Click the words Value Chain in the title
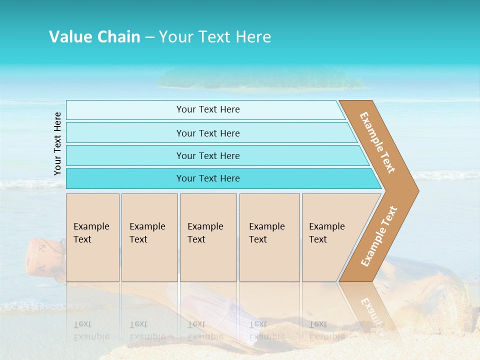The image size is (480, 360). (x=94, y=36)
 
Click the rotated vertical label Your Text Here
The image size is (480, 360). (x=57, y=143)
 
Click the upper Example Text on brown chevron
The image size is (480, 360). (x=377, y=142)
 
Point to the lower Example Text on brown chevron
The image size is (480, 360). (x=379, y=236)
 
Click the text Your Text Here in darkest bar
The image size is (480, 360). (x=208, y=178)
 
